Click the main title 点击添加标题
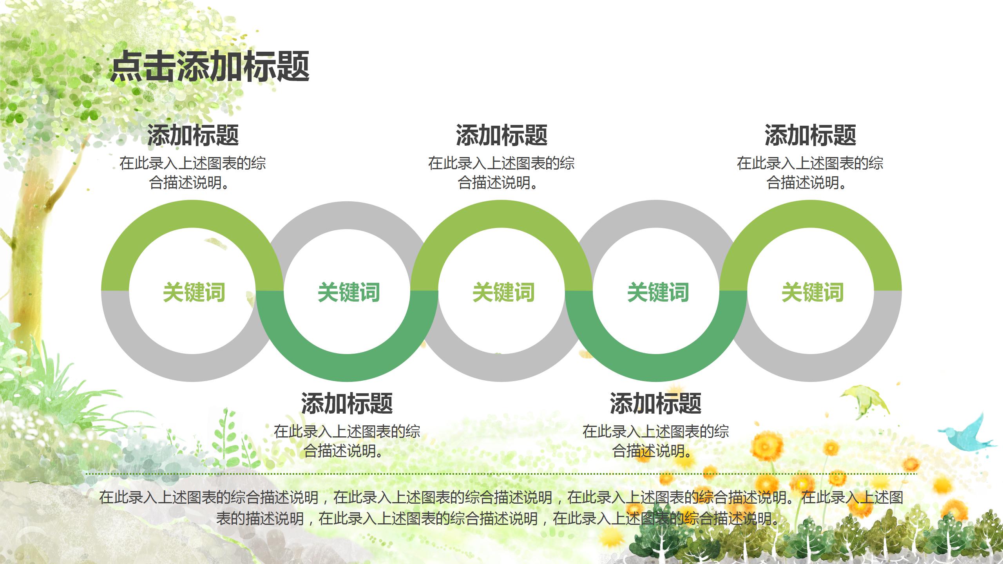[210, 67]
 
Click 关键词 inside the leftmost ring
[194, 292]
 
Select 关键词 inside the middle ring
[503, 292]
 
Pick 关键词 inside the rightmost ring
[812, 292]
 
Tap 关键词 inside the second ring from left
[349, 292]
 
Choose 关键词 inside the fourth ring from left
[658, 292]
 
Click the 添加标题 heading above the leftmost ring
[193, 136]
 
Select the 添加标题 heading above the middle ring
[501, 136]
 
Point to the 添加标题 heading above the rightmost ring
[810, 136]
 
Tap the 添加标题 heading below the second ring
[347, 403]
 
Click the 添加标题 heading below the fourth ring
[655, 403]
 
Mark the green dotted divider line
[501, 474]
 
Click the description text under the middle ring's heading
[501, 173]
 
